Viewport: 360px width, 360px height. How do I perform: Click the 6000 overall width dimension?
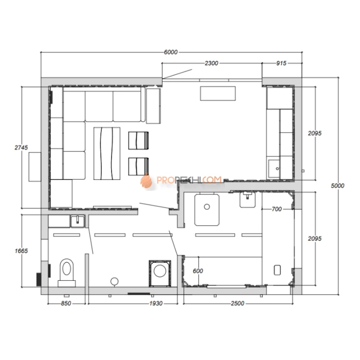click(171, 52)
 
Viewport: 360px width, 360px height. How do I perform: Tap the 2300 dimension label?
click(211, 63)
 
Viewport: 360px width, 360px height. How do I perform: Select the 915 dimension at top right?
click(281, 63)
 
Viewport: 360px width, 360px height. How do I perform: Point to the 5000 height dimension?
click(337, 186)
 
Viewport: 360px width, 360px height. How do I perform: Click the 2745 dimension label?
click(21, 148)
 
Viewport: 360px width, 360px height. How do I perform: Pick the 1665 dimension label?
click(21, 251)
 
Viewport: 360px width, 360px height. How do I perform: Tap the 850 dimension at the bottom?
click(66, 303)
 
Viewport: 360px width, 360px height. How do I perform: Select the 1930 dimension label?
click(156, 303)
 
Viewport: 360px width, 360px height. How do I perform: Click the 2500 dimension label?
click(238, 303)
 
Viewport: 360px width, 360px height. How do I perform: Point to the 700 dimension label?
click(277, 209)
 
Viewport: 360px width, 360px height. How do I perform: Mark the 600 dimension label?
click(197, 271)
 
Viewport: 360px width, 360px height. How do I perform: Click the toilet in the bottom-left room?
click(66, 273)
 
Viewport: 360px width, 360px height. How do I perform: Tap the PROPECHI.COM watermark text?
click(189, 180)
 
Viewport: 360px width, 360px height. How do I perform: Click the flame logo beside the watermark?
click(146, 181)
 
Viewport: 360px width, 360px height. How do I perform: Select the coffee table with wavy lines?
click(107, 153)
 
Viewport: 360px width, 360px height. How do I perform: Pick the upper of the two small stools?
click(138, 140)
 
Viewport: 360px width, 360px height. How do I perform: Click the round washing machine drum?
click(160, 271)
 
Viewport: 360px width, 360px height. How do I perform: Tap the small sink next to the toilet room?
click(78, 221)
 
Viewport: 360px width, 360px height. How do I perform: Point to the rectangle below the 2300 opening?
click(218, 93)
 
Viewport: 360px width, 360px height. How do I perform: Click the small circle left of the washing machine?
click(114, 281)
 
